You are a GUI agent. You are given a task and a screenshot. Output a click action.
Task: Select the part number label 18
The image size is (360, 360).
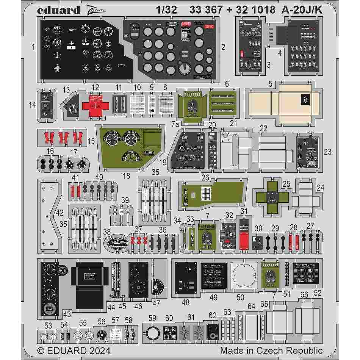[127, 176]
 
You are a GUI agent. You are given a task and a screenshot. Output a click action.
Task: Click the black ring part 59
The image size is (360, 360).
[152, 334]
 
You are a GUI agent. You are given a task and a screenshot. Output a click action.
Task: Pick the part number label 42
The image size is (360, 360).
[59, 213]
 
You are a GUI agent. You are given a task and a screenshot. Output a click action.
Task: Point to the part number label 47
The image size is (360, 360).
[156, 303]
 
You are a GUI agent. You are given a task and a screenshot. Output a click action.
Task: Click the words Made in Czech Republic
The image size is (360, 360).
[271, 351]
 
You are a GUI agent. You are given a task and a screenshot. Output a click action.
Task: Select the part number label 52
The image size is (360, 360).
[318, 293]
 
